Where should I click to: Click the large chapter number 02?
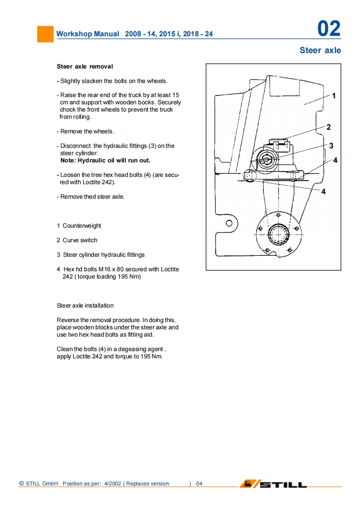click(329, 29)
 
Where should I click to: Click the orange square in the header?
click(45, 34)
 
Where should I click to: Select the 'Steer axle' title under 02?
click(320, 50)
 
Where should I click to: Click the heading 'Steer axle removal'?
click(85, 66)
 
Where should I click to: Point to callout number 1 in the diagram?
click(334, 96)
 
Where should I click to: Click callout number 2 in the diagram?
click(329, 127)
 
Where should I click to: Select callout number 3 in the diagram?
click(331, 146)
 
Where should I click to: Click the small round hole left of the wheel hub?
click(229, 223)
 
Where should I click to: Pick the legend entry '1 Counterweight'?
click(79, 225)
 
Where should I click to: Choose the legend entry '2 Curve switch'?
click(77, 240)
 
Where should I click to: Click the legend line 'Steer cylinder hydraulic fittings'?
click(104, 254)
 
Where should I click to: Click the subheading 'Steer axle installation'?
click(85, 305)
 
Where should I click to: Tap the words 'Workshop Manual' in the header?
click(88, 34)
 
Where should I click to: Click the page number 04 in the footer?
click(199, 484)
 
